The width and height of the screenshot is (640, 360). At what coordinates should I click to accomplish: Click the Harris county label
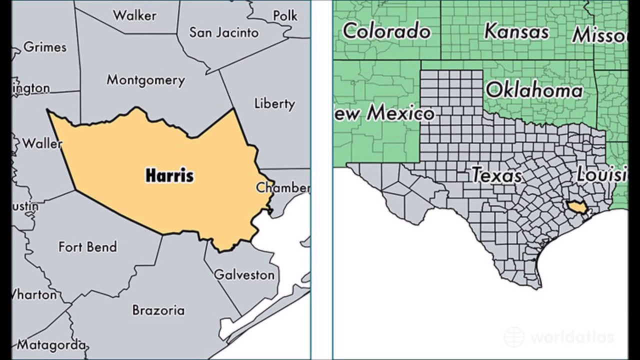pyautogui.click(x=169, y=175)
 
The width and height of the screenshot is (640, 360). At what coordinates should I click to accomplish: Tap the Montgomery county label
pyautogui.click(x=145, y=80)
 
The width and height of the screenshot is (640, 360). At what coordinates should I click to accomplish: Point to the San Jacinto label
pyautogui.click(x=223, y=33)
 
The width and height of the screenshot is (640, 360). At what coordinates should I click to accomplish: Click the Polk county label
pyautogui.click(x=285, y=16)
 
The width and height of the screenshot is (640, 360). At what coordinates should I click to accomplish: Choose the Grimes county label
pyautogui.click(x=45, y=47)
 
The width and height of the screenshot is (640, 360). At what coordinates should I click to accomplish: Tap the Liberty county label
pyautogui.click(x=274, y=103)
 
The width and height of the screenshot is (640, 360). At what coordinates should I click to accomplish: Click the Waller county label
pyautogui.click(x=42, y=143)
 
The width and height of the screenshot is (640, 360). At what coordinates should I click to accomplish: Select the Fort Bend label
pyautogui.click(x=87, y=246)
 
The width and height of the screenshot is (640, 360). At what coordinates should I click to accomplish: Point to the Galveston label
pyautogui.click(x=244, y=274)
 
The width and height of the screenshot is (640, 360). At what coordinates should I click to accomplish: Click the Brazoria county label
pyautogui.click(x=158, y=310)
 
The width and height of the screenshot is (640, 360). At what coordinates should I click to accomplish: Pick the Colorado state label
pyautogui.click(x=386, y=31)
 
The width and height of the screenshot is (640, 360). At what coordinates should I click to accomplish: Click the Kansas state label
pyautogui.click(x=516, y=31)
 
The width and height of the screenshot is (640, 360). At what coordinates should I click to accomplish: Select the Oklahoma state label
pyautogui.click(x=534, y=90)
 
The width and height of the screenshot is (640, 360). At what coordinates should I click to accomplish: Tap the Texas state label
pyautogui.click(x=496, y=175)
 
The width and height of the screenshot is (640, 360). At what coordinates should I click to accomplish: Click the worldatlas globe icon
pyautogui.click(x=514, y=337)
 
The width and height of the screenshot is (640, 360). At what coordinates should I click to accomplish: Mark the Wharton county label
pyautogui.click(x=34, y=294)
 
